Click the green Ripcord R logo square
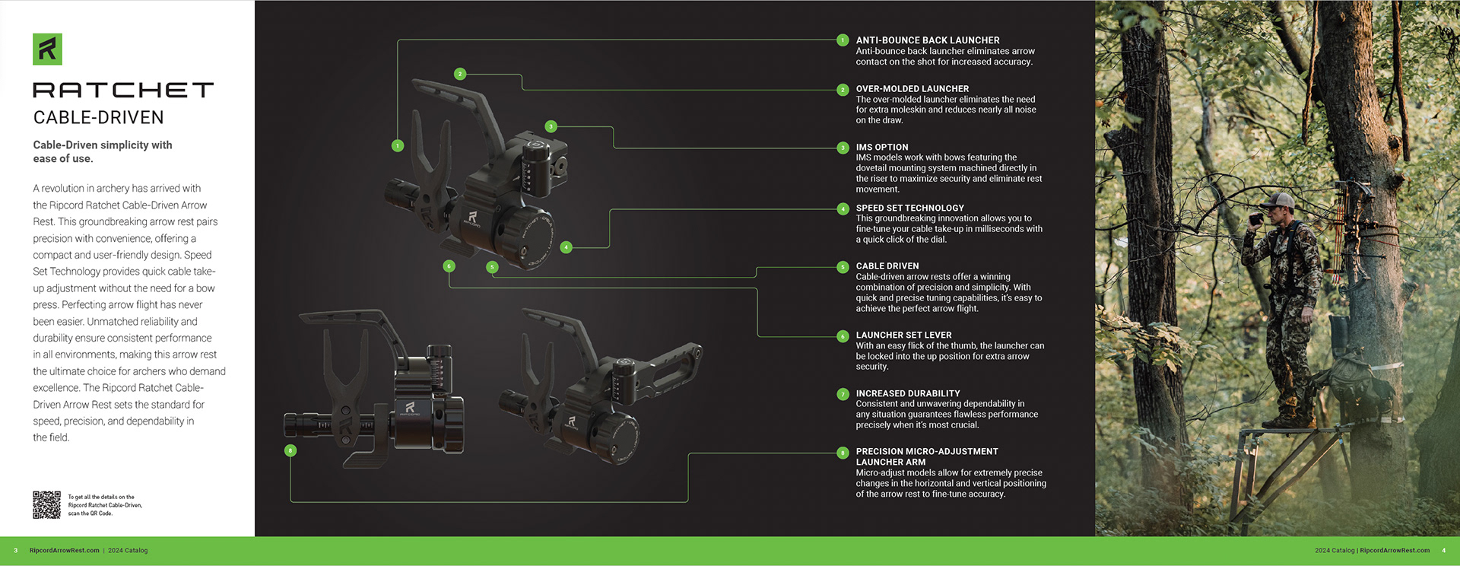[47, 49]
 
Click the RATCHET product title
[123, 91]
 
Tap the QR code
[46, 504]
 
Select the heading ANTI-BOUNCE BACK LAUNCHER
[927, 40]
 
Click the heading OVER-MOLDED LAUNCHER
[912, 89]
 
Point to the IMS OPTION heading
[881, 148]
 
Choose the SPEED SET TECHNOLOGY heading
[909, 208]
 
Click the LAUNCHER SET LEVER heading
[903, 335]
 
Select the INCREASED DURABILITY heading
[907, 393]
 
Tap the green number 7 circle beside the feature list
[843, 394]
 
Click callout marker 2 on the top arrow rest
[460, 74]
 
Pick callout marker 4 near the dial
[566, 247]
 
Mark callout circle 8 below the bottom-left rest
[290, 450]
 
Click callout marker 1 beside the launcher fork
[398, 145]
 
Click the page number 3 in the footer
[15, 551]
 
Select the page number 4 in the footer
[1443, 551]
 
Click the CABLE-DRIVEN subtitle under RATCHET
[98, 118]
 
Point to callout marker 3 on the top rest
[551, 126]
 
